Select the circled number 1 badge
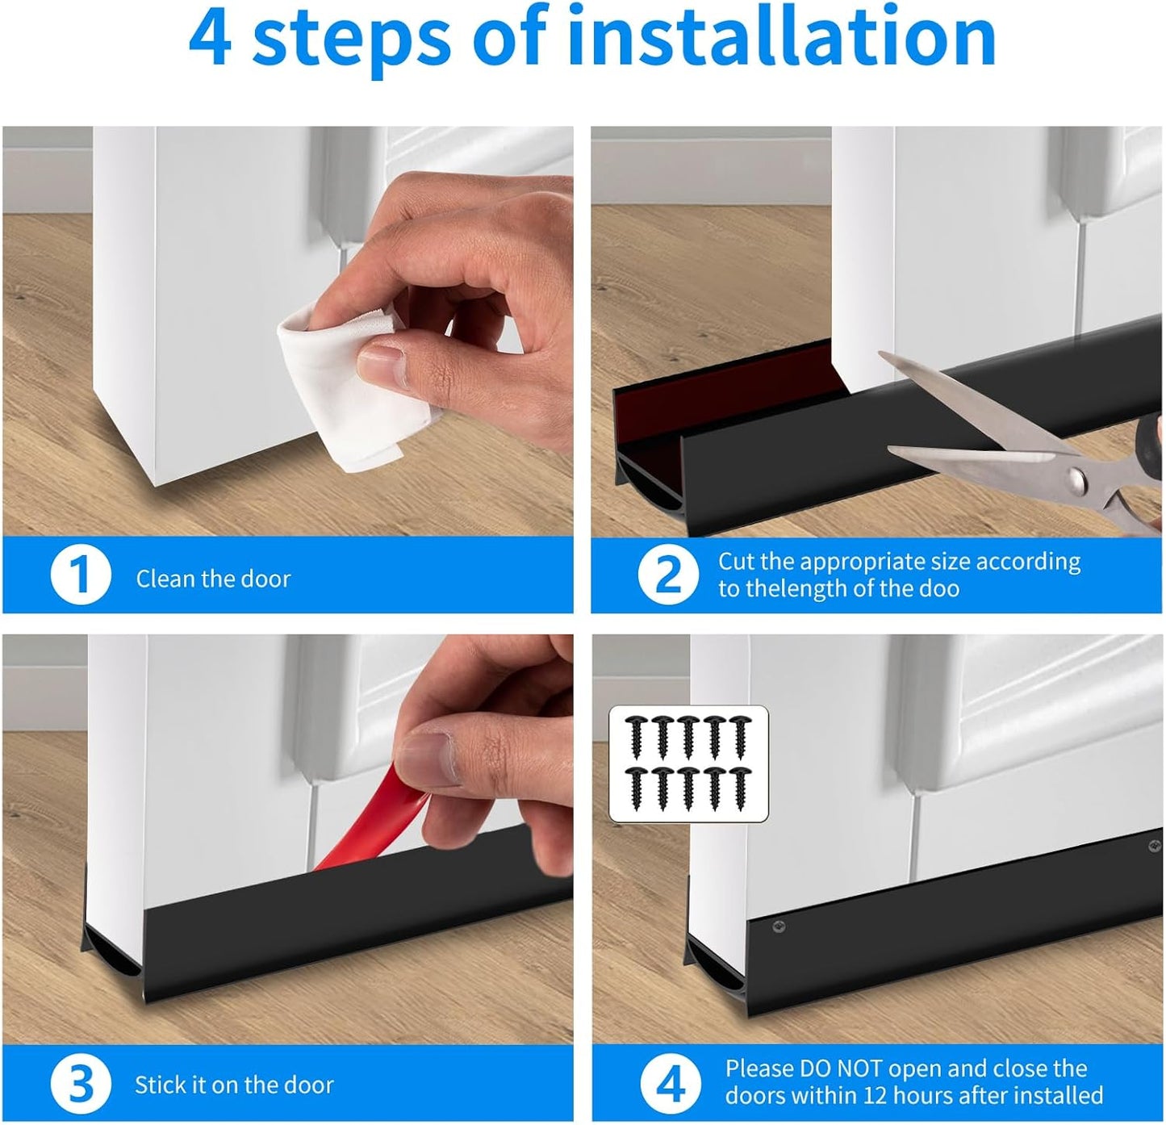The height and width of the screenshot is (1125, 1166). point(80,575)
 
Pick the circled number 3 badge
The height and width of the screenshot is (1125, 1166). point(80,1084)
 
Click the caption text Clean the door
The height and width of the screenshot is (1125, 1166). point(213,579)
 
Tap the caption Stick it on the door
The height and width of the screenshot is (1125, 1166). point(234,1085)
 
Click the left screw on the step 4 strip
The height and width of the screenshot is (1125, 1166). point(778,926)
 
